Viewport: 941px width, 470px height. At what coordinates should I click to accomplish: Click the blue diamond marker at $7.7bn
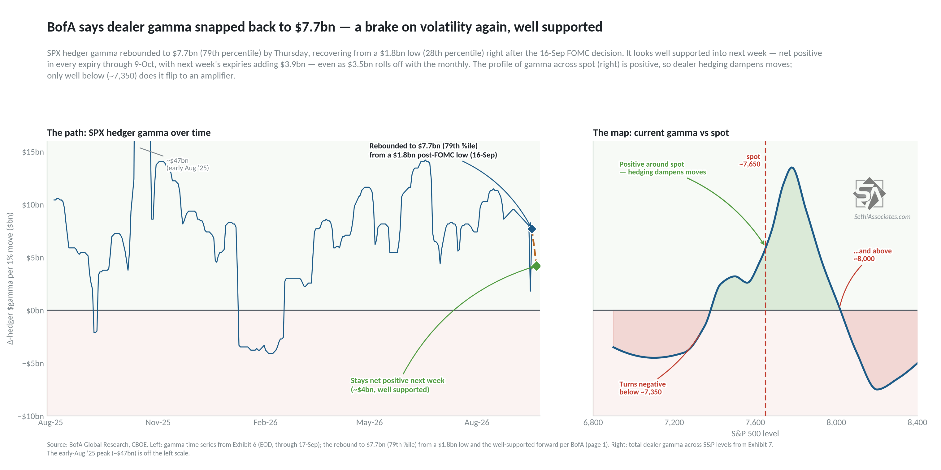[x=531, y=229]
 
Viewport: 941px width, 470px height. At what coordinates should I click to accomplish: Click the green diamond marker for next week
[x=536, y=266]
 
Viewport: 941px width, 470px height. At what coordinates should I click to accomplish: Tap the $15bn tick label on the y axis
[x=33, y=152]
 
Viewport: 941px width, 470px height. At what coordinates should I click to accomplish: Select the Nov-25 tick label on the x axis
[x=158, y=423]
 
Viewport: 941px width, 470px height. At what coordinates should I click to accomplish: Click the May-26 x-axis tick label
[x=369, y=423]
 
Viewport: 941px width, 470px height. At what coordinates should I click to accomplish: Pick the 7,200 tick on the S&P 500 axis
[x=674, y=423]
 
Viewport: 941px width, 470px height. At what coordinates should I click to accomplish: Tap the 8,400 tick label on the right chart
[x=917, y=423]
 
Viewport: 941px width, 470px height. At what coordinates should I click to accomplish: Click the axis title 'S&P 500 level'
[x=755, y=434]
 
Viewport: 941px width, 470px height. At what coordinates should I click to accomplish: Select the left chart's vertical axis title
[x=10, y=278]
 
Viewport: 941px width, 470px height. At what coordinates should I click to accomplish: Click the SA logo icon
[x=869, y=193]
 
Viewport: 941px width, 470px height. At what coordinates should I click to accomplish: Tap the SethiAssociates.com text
[x=882, y=217]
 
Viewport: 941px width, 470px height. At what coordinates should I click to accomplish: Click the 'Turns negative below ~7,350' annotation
[x=642, y=388]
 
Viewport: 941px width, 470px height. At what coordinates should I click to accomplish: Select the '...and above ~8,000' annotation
[x=872, y=255]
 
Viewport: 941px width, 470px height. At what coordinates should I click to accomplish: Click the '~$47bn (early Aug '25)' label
[x=187, y=164]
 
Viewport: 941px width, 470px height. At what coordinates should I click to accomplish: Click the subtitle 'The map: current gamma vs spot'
[x=661, y=133]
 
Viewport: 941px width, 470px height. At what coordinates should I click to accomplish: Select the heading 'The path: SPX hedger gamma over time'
[x=128, y=133]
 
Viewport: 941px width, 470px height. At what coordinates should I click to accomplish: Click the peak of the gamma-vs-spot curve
[x=791, y=168]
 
